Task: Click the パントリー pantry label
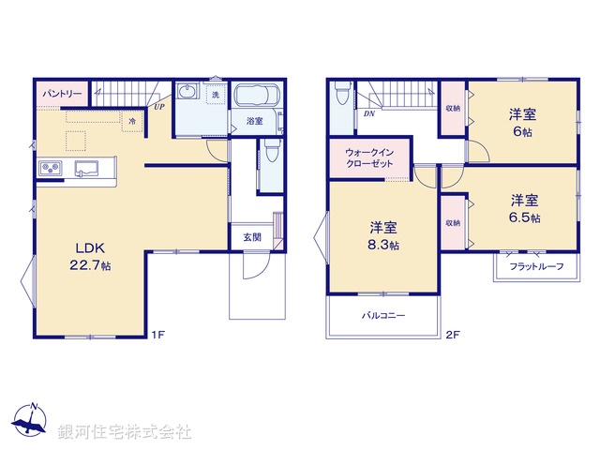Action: point(62,95)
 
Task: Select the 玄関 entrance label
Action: point(253,237)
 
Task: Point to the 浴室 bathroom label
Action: point(254,122)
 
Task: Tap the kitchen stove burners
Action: point(50,169)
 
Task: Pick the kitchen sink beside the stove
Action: point(86,169)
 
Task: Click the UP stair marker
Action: point(159,107)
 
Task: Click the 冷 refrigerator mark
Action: point(132,121)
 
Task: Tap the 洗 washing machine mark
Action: point(215,96)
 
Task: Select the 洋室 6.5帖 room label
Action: point(524,207)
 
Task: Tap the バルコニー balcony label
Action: point(383,316)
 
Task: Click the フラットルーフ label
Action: point(536,267)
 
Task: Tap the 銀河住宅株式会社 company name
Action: point(125,432)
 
